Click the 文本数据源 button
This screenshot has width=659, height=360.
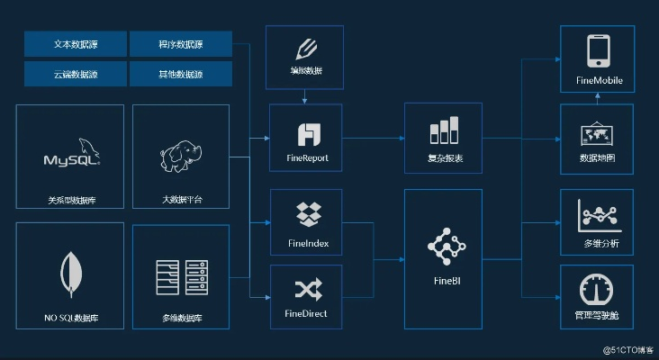point(75,43)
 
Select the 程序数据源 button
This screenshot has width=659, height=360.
point(180,43)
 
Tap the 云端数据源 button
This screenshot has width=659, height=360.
point(75,73)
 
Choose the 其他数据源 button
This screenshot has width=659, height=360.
point(180,73)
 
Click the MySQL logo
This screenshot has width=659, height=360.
point(71,154)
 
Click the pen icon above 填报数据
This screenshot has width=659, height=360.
point(306,49)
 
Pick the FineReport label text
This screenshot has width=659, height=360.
point(306,157)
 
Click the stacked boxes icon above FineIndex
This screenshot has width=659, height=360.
point(306,215)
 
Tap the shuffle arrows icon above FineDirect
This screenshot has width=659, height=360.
point(306,288)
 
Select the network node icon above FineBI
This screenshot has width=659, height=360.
point(441,243)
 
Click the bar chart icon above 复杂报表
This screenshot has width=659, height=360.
point(445,131)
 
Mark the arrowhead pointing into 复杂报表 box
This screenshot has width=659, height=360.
point(401,138)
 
